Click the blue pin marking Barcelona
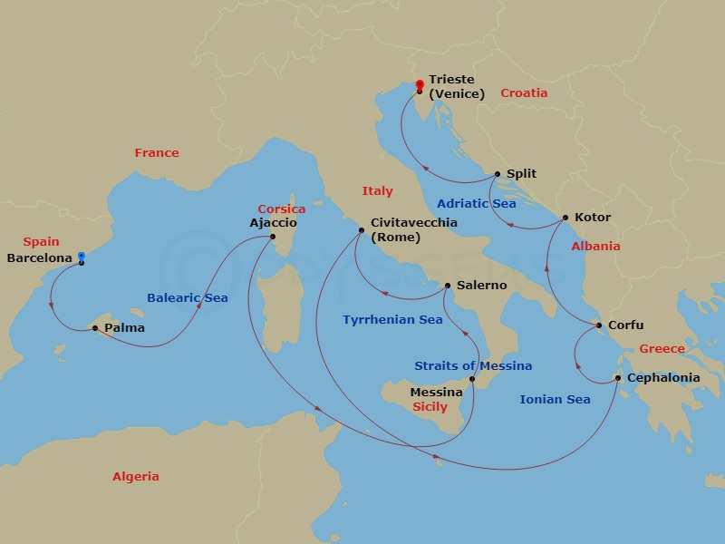tap(82, 257)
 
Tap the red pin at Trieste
tap(419, 86)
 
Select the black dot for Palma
tap(95, 328)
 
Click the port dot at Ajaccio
tap(273, 238)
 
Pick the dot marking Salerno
tap(448, 286)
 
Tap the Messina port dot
tap(472, 378)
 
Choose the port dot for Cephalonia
tap(618, 378)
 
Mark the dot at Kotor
tap(565, 218)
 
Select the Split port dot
tap(498, 174)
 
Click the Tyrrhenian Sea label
tap(392, 320)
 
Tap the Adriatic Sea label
tap(476, 204)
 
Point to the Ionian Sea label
tap(555, 400)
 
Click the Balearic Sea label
tap(188, 298)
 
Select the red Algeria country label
tap(136, 477)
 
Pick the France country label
tap(157, 153)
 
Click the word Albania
tap(595, 247)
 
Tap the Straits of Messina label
tap(473, 366)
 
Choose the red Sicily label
tap(430, 407)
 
